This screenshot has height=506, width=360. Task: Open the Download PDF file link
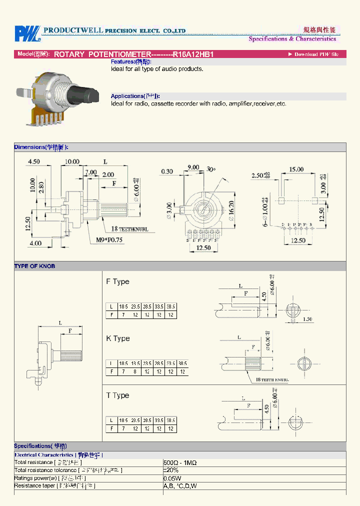pos(316,54)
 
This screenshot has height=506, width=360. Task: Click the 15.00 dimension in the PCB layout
pos(296,169)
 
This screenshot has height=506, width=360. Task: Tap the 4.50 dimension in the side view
pos(34,161)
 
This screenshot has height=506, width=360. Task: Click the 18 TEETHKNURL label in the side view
pos(130,229)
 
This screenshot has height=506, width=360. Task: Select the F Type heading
pos(117,281)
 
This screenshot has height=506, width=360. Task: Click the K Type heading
pos(117,338)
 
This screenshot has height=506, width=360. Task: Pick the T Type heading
pos(117,395)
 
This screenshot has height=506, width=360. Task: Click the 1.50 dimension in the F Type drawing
pos(307,319)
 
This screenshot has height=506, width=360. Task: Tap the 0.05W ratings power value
pos(172,478)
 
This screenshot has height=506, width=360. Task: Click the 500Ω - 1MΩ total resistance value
pos(180,463)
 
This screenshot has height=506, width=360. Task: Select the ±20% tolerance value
pos(171,470)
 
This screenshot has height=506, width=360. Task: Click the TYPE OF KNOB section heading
pos(34,266)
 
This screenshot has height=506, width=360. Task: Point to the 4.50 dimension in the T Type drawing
pos(266,408)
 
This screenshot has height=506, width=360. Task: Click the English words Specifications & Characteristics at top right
pos(292,39)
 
